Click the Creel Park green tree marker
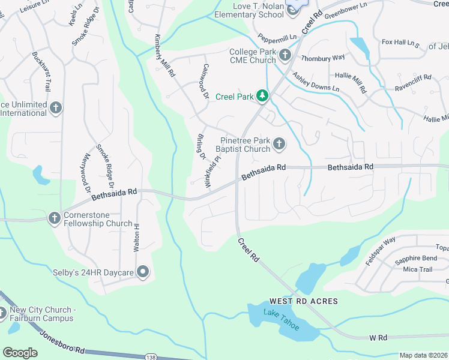(262, 96)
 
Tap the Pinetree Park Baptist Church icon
(279, 143)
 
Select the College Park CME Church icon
(285, 55)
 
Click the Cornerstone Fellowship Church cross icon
(54, 218)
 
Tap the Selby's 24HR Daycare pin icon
(143, 272)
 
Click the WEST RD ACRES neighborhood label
(304, 301)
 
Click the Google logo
(20, 353)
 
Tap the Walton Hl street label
(137, 235)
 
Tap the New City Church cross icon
(2, 313)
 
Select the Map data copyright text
(423, 355)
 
